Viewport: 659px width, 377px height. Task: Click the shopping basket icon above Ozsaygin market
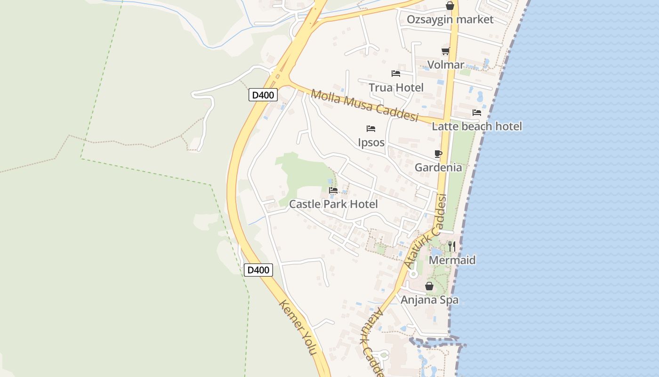point(450,6)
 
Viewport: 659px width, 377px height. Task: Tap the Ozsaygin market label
point(450,19)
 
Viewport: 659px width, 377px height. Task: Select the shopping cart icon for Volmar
point(445,51)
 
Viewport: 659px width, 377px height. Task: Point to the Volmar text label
point(445,65)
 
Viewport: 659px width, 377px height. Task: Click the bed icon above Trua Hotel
point(396,74)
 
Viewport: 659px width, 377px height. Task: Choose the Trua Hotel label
point(396,87)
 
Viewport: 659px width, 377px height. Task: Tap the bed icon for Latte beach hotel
point(477,113)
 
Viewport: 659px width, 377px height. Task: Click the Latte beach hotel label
point(477,126)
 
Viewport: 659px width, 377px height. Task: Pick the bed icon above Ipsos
point(371,129)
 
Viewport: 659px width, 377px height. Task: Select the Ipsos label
point(371,142)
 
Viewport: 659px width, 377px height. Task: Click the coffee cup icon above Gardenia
point(438,154)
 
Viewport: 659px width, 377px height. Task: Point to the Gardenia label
point(438,167)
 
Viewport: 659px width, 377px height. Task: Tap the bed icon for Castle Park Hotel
point(333,190)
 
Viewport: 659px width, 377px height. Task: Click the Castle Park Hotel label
point(333,204)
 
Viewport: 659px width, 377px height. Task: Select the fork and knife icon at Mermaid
point(452,246)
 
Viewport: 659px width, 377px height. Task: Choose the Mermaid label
point(452,260)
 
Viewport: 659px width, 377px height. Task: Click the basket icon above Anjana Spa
point(429,286)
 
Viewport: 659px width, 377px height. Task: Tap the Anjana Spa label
point(429,300)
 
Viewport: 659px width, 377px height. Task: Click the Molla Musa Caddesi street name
point(365,106)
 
